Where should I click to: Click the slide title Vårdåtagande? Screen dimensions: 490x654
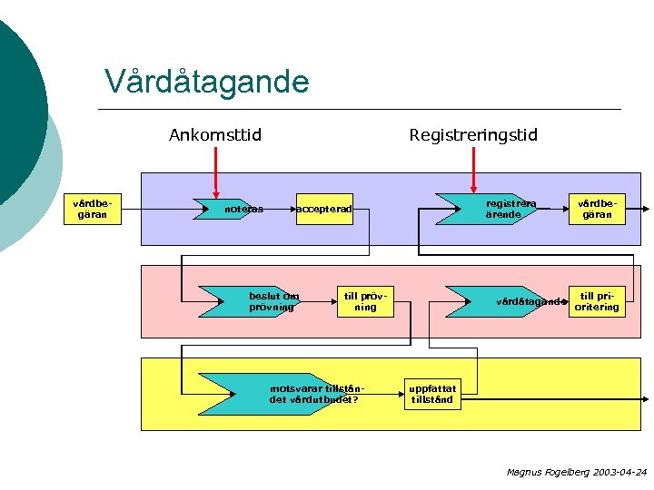point(207,82)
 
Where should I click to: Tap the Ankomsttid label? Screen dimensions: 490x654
point(215,135)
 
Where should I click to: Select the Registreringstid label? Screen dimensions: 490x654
point(473,135)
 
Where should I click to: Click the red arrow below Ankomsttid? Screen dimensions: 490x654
point(215,172)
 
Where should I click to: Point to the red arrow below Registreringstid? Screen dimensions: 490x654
point(473,172)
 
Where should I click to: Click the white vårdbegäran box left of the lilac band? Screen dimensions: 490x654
point(96,210)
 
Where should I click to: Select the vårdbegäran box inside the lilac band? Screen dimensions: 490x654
point(597,210)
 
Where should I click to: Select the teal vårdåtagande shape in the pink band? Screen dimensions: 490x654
point(495,301)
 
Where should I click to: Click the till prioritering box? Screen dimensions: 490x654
point(597,301)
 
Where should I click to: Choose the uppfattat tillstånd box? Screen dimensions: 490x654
point(431,394)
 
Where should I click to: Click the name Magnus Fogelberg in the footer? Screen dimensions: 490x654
point(546,473)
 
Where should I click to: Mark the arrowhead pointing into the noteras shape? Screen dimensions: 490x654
point(195,210)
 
